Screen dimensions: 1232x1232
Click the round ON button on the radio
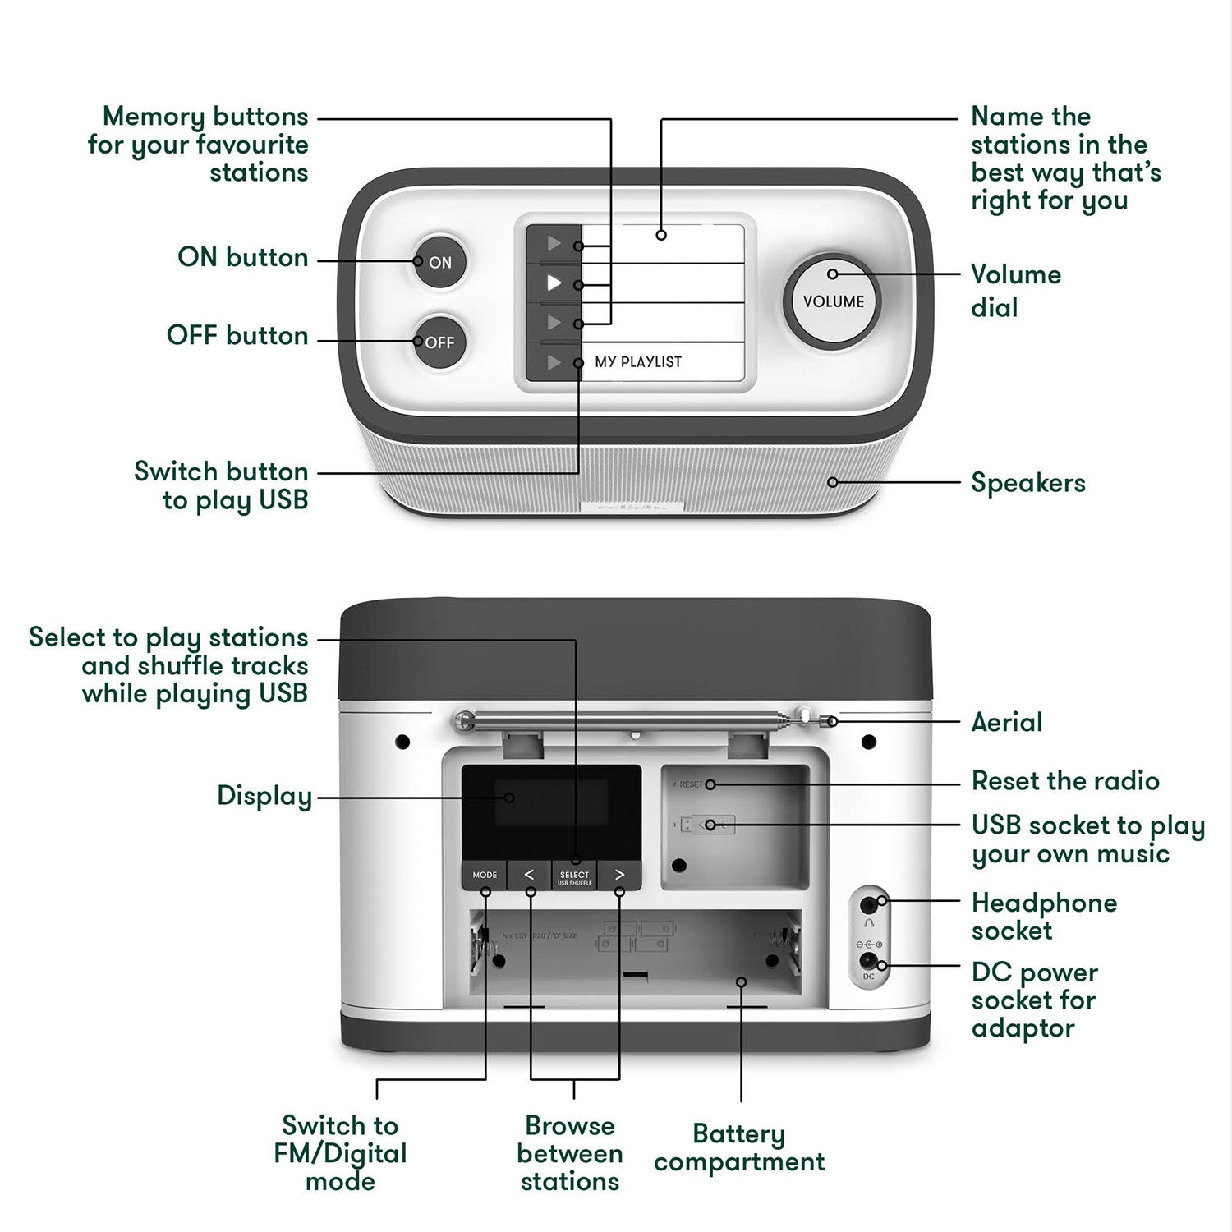[x=439, y=262]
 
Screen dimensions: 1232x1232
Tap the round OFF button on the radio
[x=439, y=342]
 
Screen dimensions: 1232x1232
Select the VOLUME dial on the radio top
[x=833, y=301]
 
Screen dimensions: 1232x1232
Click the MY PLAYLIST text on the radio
[x=638, y=362]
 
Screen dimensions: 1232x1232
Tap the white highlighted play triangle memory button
[x=554, y=283]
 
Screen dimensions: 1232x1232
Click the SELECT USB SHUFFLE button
[x=574, y=876]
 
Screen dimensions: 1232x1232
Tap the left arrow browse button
[x=529, y=875]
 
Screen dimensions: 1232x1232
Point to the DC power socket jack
[x=868, y=961]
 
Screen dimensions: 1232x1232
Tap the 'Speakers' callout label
[x=1027, y=483]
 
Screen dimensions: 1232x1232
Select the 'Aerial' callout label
[x=1006, y=723]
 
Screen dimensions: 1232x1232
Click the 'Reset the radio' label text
[x=1064, y=781]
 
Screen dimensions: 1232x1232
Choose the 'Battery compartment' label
[x=739, y=1147]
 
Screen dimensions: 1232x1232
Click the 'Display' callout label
[x=264, y=796]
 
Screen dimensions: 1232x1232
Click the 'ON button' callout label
[x=243, y=257]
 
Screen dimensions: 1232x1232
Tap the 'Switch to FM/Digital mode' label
[x=340, y=1153]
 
